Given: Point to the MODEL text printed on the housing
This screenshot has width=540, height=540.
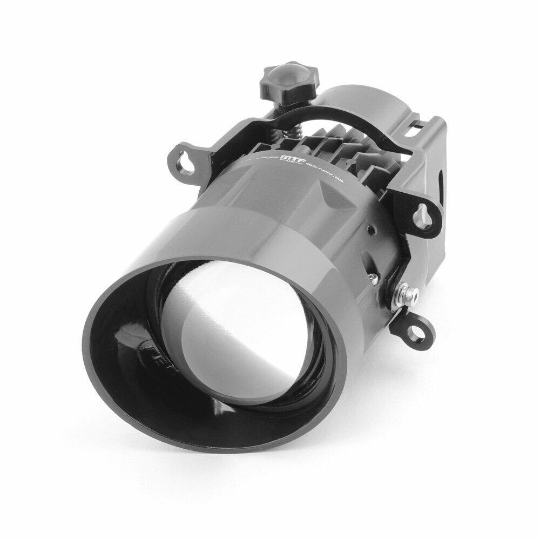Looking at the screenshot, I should pos(319,167).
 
